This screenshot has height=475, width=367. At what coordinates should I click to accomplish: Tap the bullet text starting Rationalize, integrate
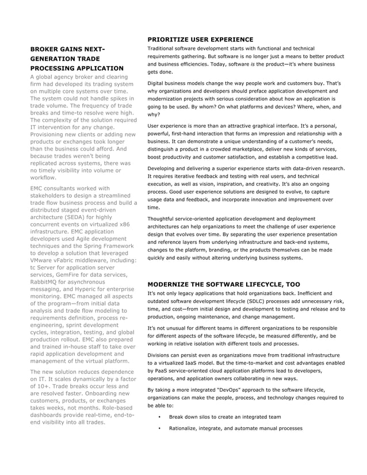235,428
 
